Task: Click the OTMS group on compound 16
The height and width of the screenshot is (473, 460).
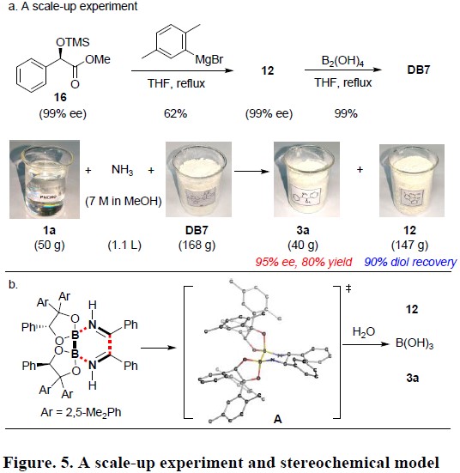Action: click(x=73, y=42)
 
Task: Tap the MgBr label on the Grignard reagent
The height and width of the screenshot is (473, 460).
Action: click(x=209, y=59)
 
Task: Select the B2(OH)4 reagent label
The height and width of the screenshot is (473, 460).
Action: click(x=342, y=61)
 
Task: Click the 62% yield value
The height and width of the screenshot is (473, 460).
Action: click(x=176, y=113)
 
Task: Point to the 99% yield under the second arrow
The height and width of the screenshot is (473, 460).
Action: click(x=346, y=113)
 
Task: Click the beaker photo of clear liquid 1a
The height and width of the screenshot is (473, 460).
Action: click(x=45, y=179)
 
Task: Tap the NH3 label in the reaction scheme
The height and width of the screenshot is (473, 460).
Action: click(x=122, y=170)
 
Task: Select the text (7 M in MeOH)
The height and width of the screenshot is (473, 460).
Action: click(x=124, y=201)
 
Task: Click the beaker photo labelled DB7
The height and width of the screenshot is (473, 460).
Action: click(x=198, y=179)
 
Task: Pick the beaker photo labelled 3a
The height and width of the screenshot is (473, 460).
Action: click(x=306, y=179)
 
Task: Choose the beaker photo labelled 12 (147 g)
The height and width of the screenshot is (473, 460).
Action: click(x=412, y=180)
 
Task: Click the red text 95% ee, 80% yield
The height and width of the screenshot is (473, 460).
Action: click(x=304, y=262)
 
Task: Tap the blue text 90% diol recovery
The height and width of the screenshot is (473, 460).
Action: click(x=410, y=262)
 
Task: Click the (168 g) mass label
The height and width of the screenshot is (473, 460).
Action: click(x=197, y=245)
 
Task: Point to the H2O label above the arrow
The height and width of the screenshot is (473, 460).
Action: click(x=364, y=332)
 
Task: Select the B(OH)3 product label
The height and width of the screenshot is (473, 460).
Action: click(x=415, y=343)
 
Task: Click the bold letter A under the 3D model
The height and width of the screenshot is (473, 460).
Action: click(x=277, y=419)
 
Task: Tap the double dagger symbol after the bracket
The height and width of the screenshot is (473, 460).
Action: click(x=348, y=288)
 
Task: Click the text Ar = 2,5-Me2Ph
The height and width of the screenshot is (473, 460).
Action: click(x=81, y=412)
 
